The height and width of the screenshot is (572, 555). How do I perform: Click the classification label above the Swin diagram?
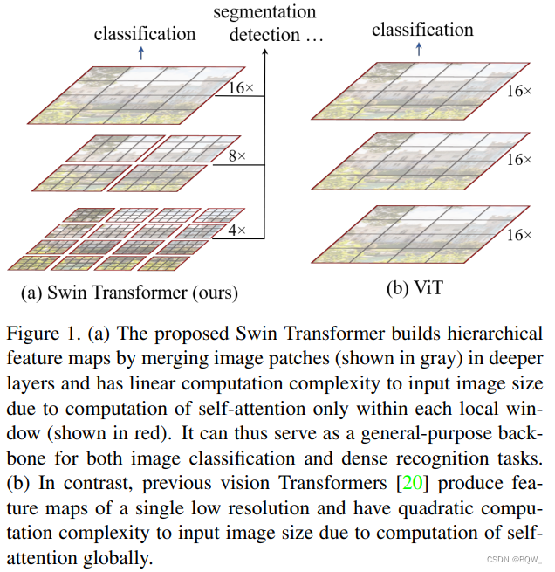145,34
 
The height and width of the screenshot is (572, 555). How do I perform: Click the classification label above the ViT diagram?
422,30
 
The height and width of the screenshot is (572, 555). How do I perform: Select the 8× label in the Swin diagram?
236,156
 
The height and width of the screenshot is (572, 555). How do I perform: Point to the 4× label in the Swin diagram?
236,231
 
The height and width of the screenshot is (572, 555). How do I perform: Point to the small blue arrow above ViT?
420,49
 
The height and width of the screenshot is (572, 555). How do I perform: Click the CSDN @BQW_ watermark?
513,560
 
